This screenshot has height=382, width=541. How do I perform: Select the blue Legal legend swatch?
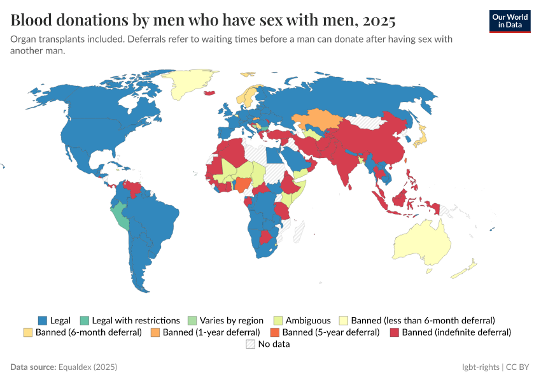(43, 320)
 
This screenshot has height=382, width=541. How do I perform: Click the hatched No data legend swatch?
(250, 344)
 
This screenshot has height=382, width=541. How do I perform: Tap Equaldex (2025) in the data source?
(88, 367)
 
